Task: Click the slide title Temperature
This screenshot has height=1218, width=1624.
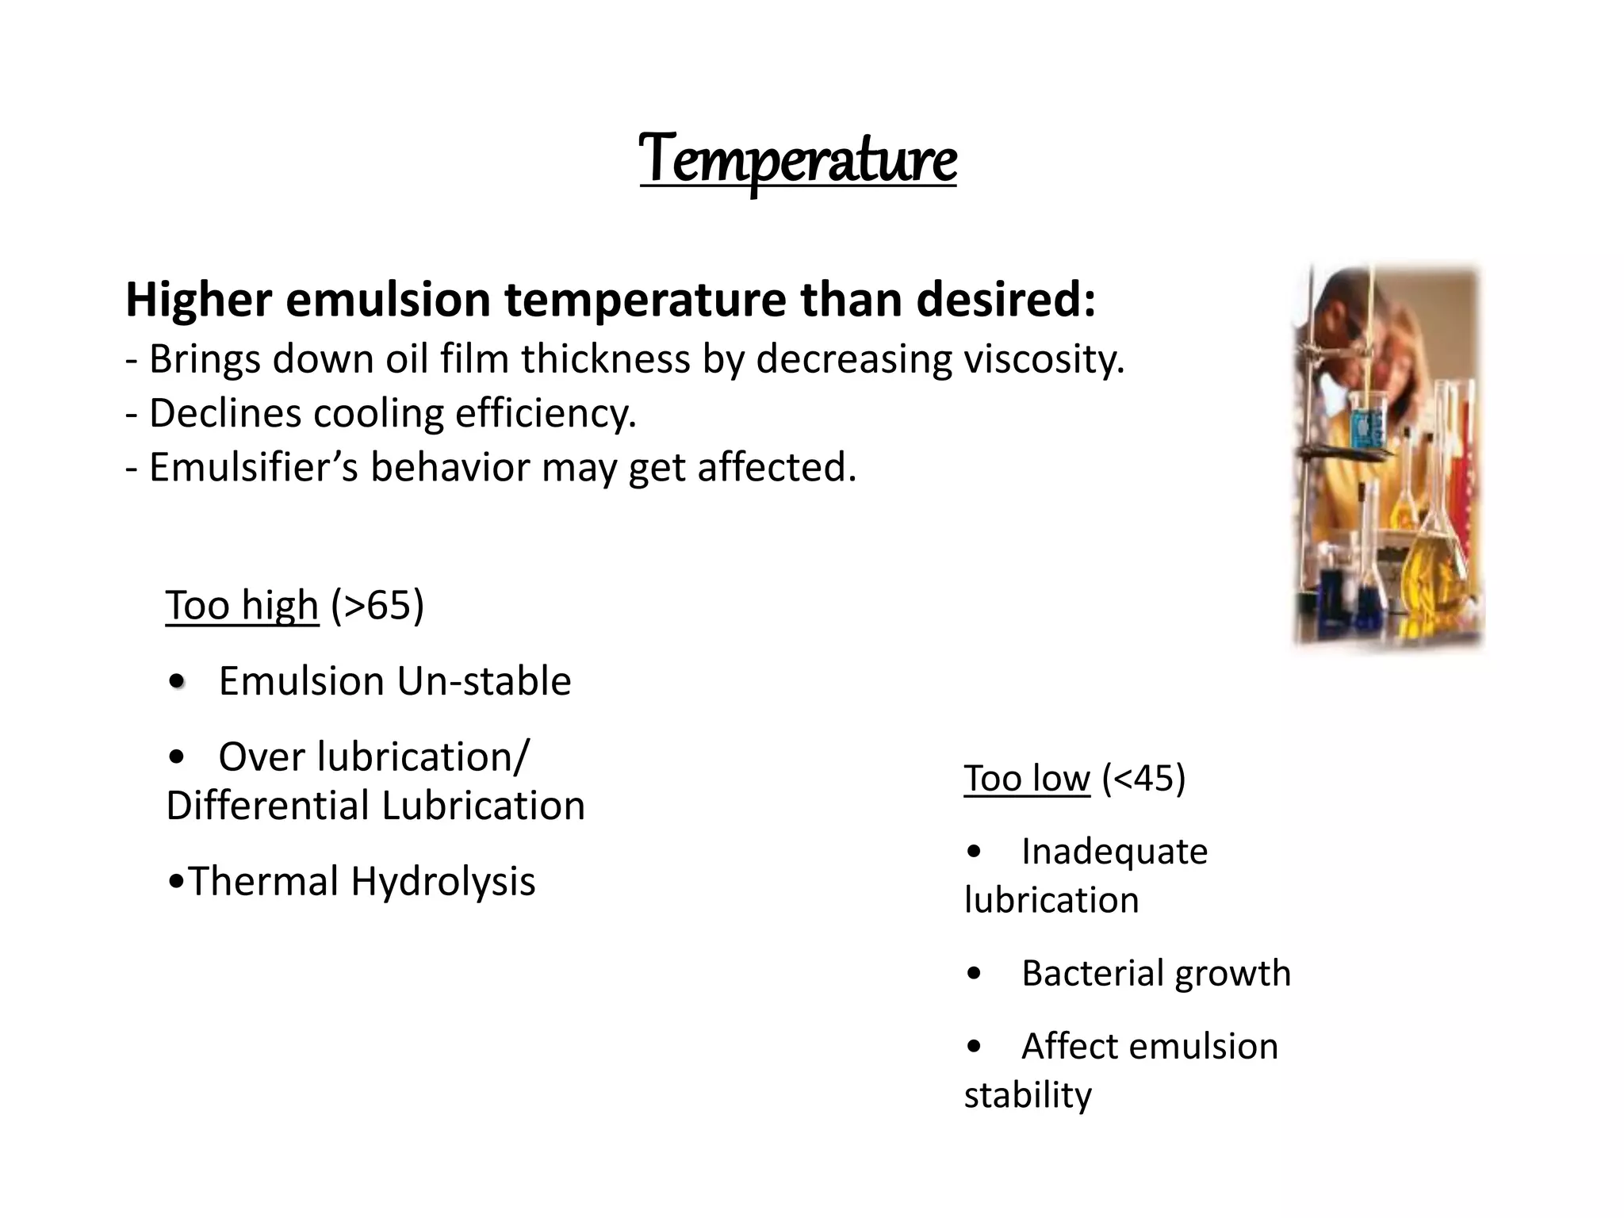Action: (798, 159)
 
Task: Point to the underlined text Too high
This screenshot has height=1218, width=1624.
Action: (242, 606)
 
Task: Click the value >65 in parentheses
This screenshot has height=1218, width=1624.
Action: (377, 606)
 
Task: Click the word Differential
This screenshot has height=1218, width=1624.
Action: (267, 806)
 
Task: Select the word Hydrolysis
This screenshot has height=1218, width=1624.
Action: (443, 881)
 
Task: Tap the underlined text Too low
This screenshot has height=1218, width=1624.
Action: (1027, 778)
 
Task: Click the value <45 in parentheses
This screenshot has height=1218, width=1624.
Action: (1143, 778)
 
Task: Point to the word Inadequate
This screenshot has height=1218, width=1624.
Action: (1114, 852)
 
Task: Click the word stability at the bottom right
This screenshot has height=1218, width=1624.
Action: (1028, 1095)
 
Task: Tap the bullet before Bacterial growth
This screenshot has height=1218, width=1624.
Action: (975, 974)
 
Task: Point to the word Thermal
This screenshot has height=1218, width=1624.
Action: (262, 881)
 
